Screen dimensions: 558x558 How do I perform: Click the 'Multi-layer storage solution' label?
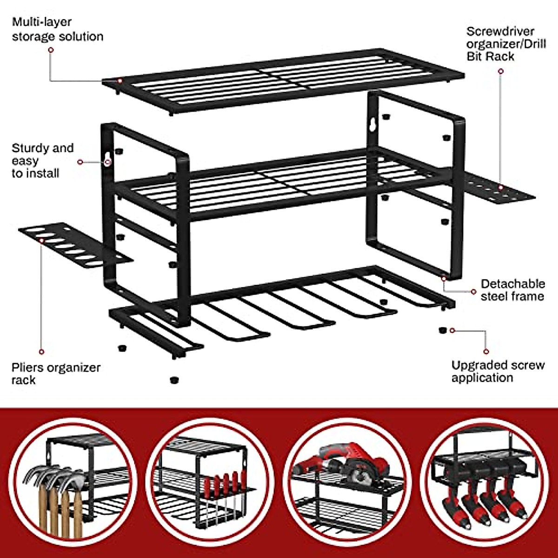tap(57, 29)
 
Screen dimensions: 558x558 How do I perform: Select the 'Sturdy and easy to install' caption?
tap(42, 160)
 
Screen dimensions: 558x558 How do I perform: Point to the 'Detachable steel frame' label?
tap(512, 290)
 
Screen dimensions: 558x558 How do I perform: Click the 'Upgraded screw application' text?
tap(498, 371)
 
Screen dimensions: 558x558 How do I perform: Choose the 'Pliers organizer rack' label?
tap(56, 373)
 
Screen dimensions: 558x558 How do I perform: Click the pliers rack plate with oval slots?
tap(74, 246)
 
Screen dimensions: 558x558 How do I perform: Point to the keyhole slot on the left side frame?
tap(108, 158)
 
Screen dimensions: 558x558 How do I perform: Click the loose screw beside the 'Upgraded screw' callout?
tap(442, 330)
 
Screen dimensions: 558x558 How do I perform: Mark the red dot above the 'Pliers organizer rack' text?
tap(41, 352)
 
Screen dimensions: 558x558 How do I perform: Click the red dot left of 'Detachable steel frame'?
tap(473, 292)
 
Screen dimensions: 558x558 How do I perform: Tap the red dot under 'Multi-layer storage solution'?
tap(51, 50)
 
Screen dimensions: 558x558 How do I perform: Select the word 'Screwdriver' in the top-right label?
tap(494, 32)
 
